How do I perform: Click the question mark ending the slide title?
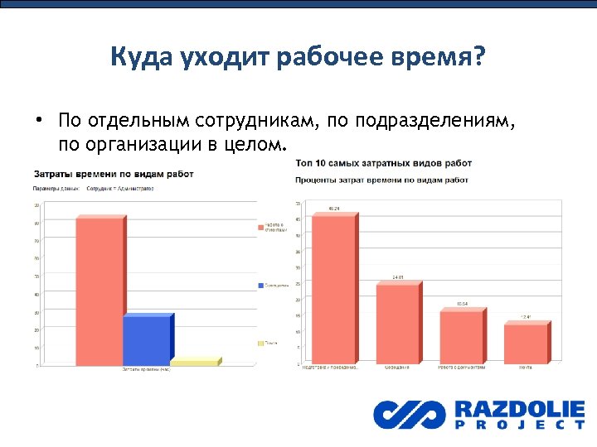coord(481,58)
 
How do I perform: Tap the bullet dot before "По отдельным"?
coord(38,121)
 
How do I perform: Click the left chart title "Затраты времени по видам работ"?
coord(114,174)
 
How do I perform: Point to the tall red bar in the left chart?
coord(99,290)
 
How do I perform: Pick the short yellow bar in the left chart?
coord(194,362)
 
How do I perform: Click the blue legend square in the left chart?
coord(260,285)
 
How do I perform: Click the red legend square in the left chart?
coord(260,227)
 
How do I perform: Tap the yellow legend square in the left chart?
coord(260,343)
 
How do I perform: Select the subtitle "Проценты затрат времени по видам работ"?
coord(382,179)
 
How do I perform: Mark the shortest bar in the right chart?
coord(526,343)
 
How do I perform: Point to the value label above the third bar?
coord(461,304)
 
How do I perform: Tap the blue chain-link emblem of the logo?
coord(408,414)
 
